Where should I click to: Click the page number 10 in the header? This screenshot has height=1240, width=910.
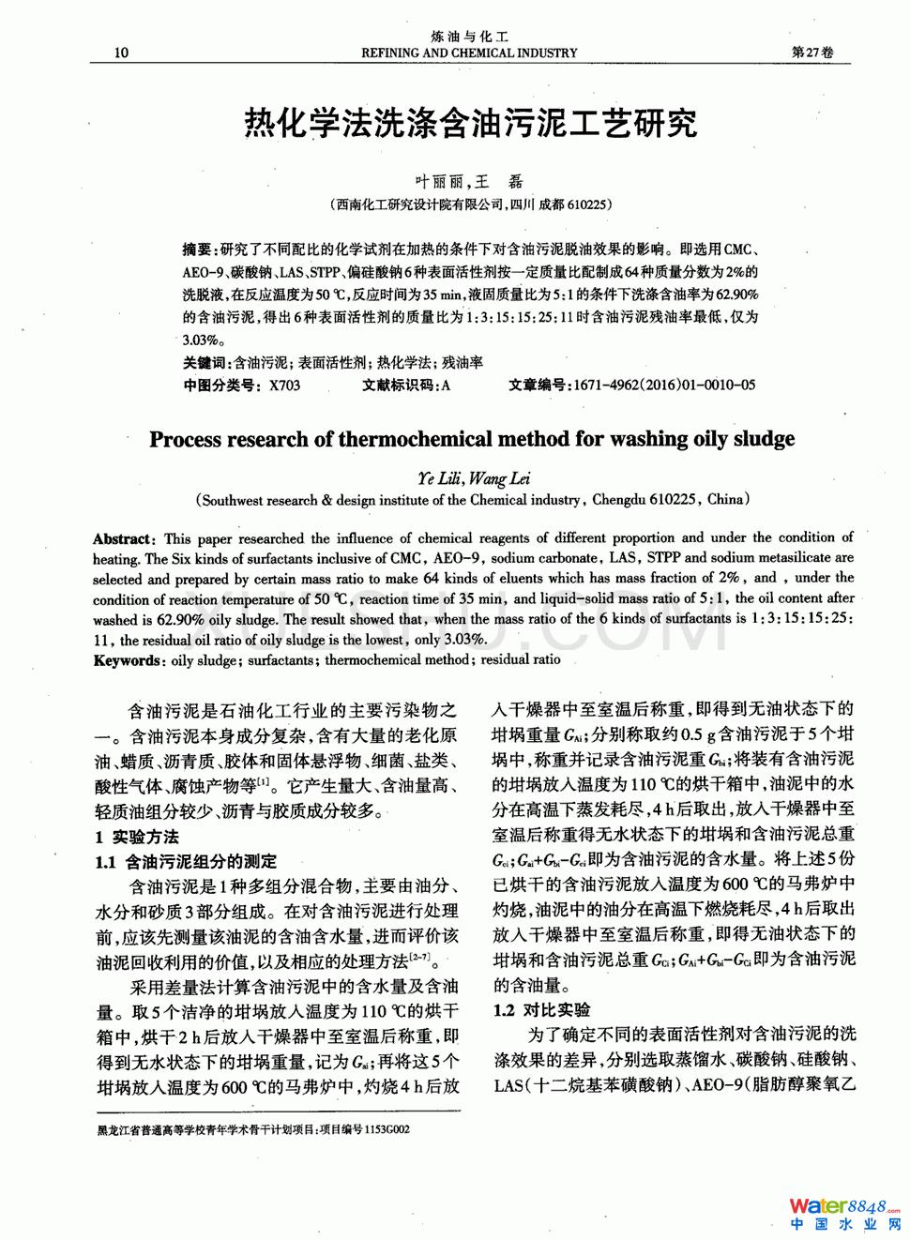[121, 53]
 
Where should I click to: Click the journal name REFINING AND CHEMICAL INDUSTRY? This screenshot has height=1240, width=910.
[469, 53]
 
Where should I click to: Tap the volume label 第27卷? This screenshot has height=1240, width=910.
[812, 53]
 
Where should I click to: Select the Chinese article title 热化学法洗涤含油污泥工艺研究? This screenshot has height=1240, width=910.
[470, 123]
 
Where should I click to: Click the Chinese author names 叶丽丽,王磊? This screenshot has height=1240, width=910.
[469, 181]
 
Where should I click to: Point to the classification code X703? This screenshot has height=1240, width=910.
[285, 385]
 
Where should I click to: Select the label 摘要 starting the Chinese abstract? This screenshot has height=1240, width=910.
[199, 250]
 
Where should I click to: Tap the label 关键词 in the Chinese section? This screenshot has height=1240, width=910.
[205, 362]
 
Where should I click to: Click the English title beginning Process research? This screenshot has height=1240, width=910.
[472, 439]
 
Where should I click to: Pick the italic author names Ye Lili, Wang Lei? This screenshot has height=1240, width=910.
[474, 478]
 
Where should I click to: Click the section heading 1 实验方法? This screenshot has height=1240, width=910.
[137, 837]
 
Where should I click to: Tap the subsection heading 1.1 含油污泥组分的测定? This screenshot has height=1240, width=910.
[187, 861]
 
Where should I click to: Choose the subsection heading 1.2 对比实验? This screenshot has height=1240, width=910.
[542, 1009]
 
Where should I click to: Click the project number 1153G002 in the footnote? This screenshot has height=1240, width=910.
[387, 1129]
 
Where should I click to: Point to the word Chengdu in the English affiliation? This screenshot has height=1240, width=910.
[620, 500]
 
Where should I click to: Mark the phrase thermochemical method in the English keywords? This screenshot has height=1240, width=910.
[397, 660]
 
